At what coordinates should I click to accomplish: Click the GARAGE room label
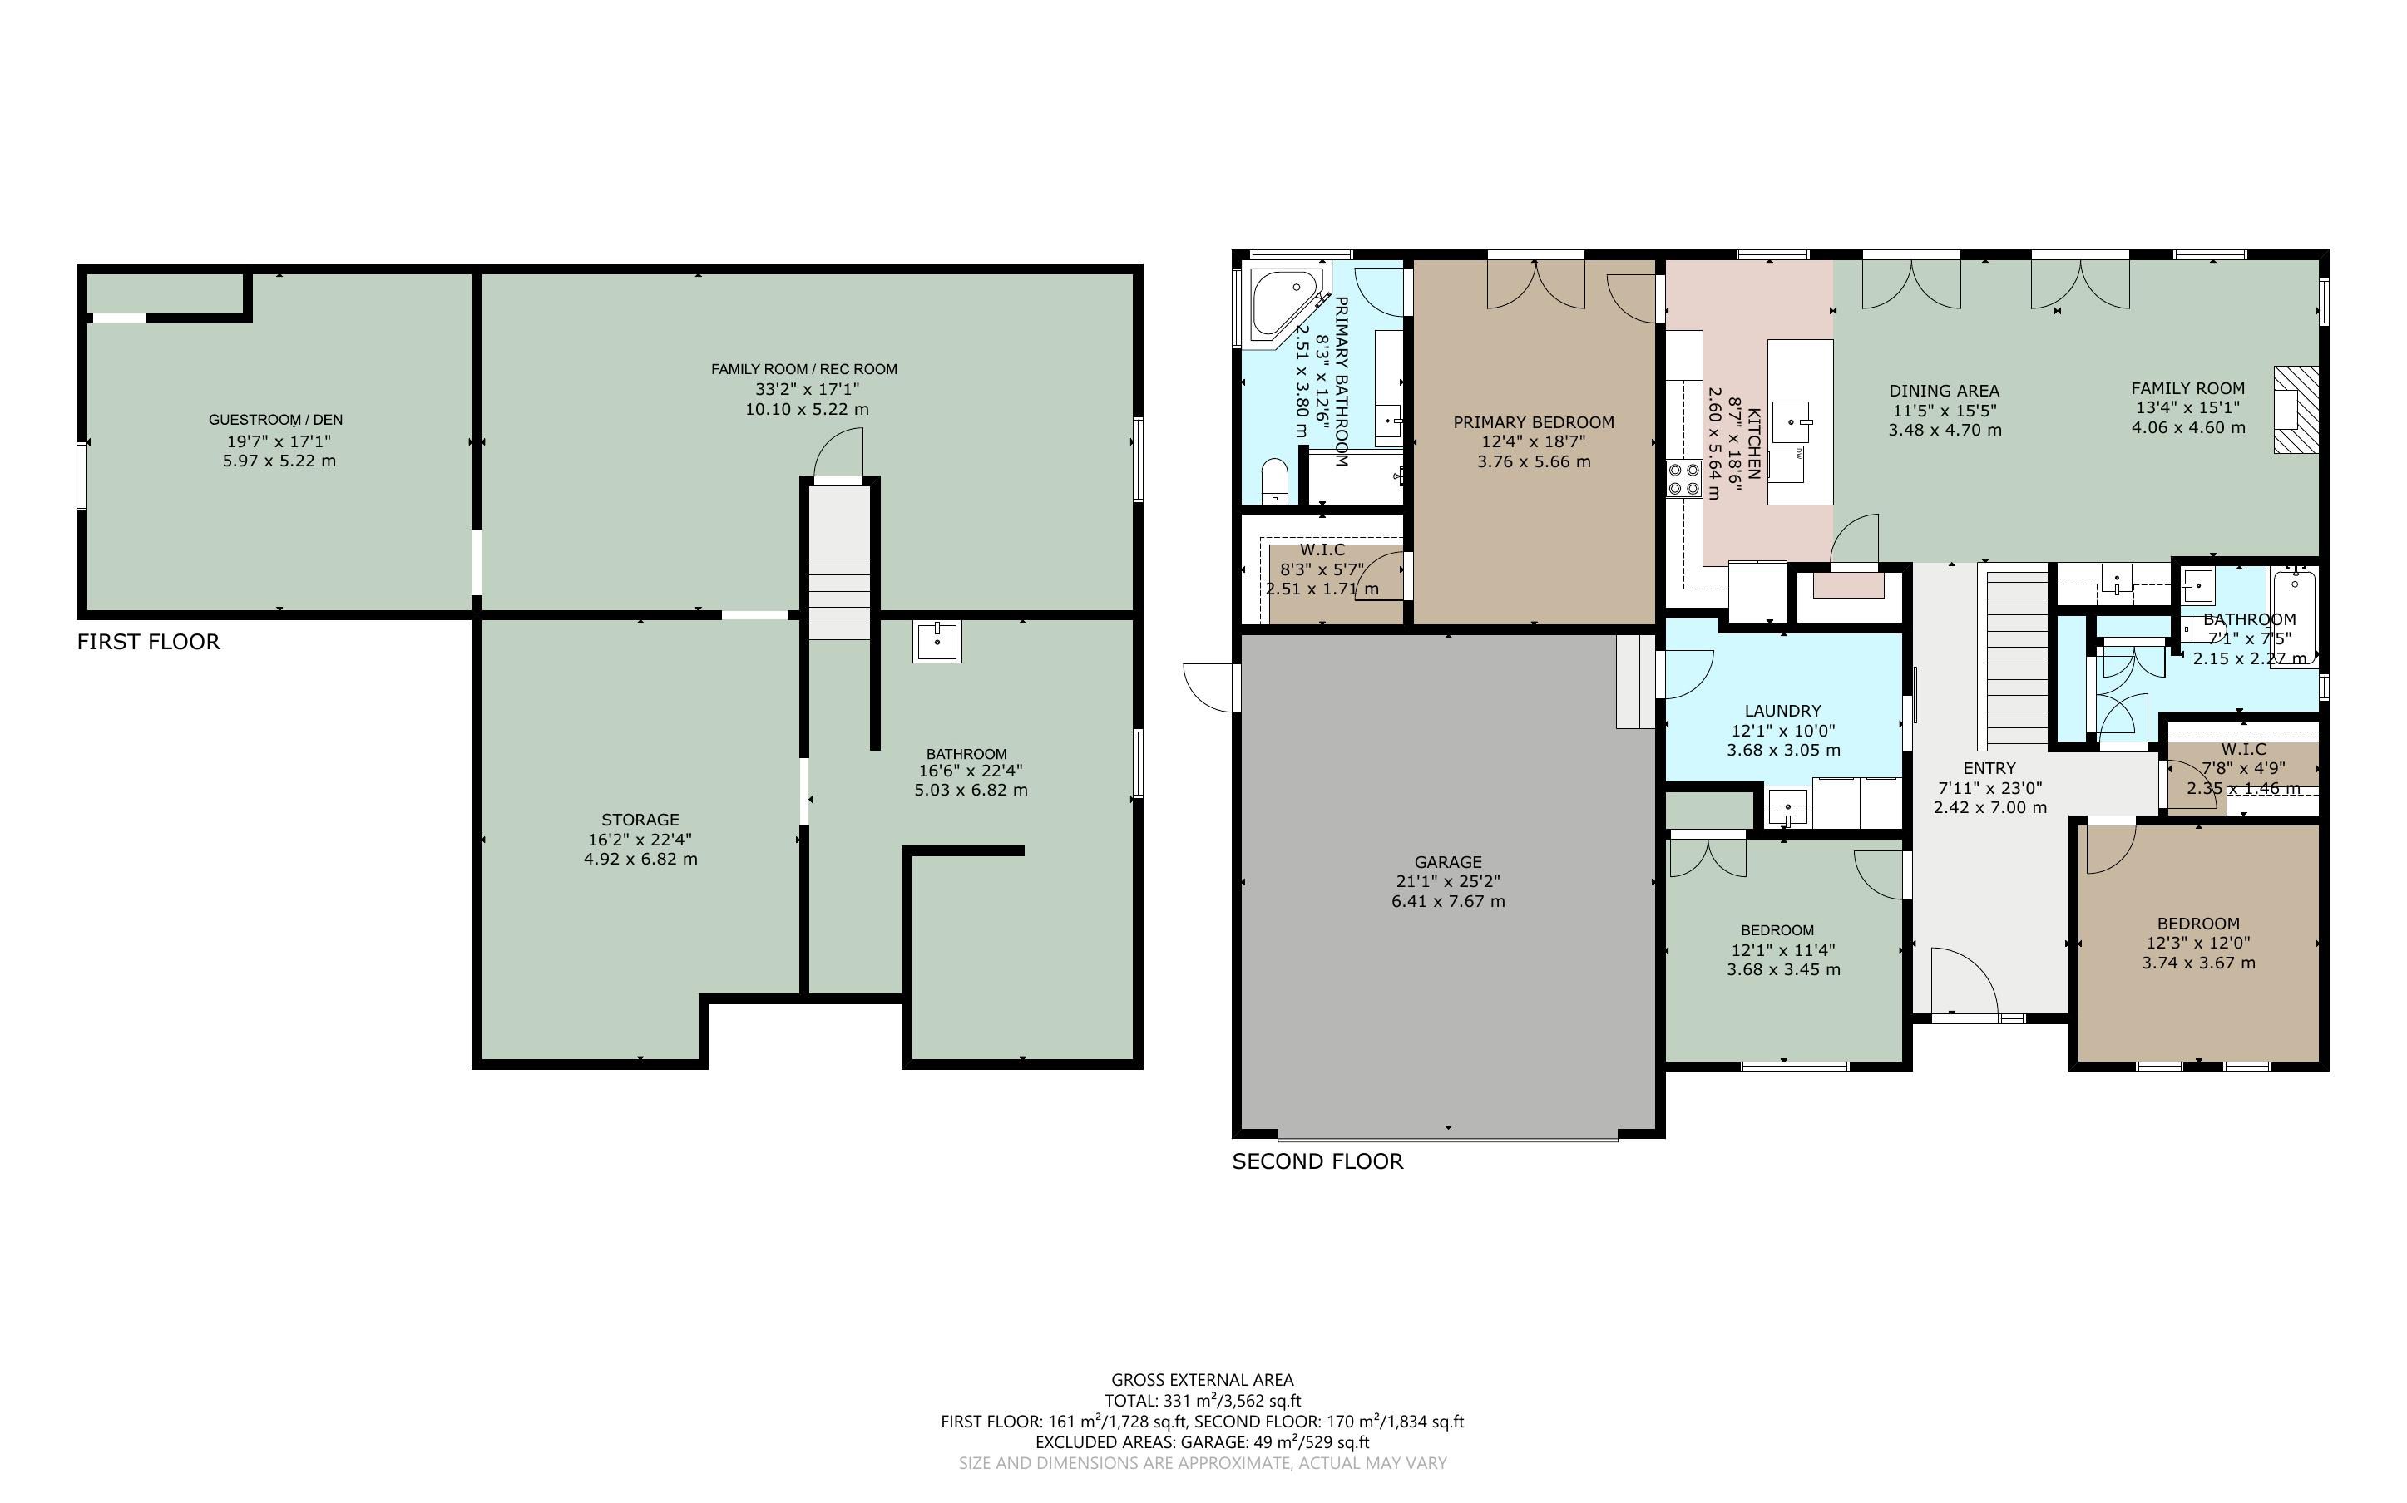[1447, 862]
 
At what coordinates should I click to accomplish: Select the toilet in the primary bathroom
[1273, 481]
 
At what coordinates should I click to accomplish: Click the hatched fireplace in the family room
[2296, 410]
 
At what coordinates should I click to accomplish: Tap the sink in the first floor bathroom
[937, 641]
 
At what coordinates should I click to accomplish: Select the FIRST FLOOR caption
[148, 642]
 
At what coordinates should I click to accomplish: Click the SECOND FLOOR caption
[1317, 1161]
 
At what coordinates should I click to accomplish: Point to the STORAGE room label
[640, 819]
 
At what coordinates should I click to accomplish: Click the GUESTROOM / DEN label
[275, 420]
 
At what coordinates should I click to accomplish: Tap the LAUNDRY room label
[1782, 711]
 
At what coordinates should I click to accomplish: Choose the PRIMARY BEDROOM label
[1533, 422]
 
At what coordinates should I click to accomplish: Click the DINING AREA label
[1944, 391]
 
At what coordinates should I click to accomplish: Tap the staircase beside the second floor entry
[2015, 659]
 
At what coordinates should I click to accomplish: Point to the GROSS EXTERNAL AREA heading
[1202, 1380]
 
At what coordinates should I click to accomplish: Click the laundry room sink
[1787, 806]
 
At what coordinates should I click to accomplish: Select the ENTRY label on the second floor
[1989, 768]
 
